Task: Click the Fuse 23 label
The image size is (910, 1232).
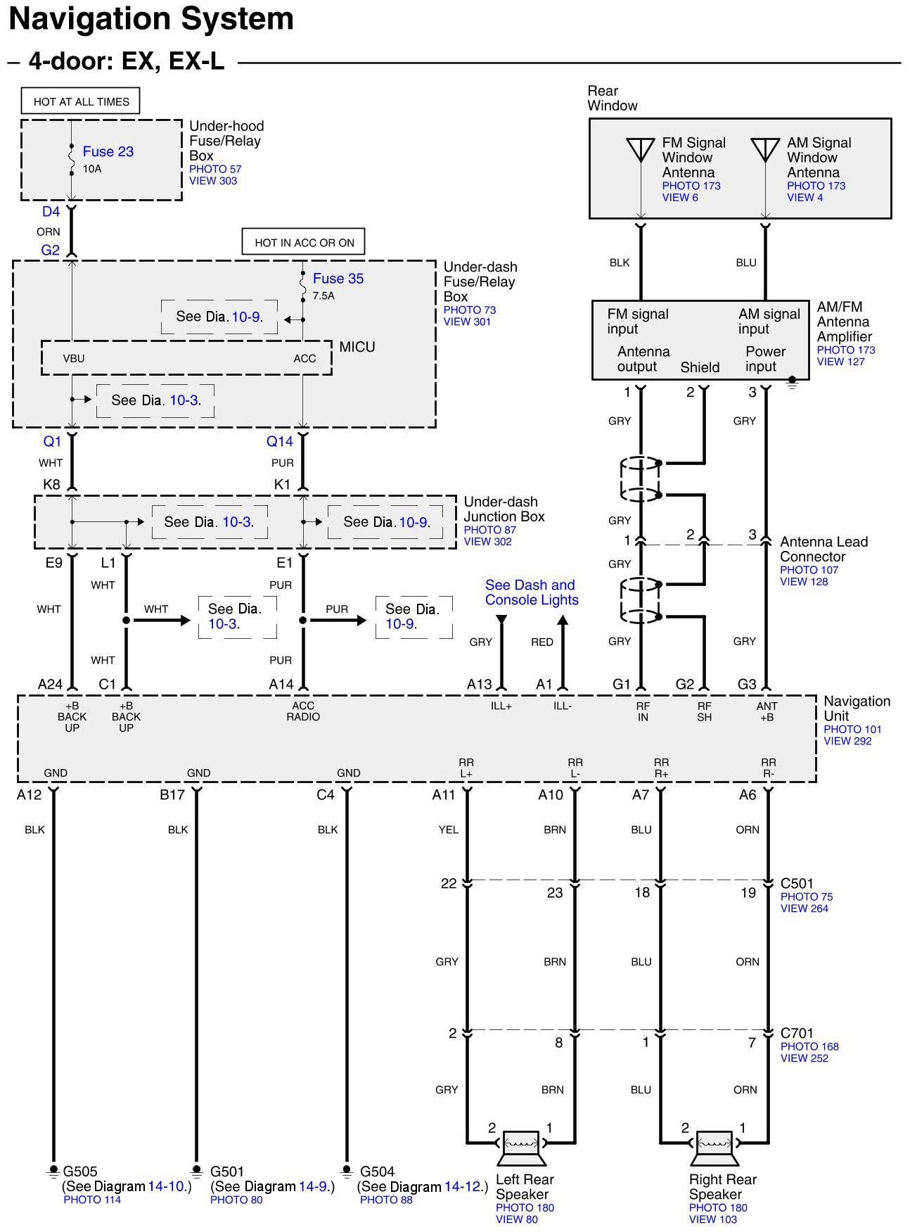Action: pyautogui.click(x=108, y=151)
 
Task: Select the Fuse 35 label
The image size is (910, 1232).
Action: pyautogui.click(x=338, y=279)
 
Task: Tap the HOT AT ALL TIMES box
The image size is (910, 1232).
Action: pyautogui.click(x=81, y=101)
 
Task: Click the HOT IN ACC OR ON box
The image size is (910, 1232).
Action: pyautogui.click(x=304, y=243)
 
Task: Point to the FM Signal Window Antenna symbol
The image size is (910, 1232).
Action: pyautogui.click(x=640, y=150)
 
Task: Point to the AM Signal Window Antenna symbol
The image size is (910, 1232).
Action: pyautogui.click(x=765, y=150)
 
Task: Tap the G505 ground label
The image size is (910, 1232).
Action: pyautogui.click(x=80, y=1171)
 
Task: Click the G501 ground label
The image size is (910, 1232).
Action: pyautogui.click(x=227, y=1171)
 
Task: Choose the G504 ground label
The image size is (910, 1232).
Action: pyautogui.click(x=378, y=1171)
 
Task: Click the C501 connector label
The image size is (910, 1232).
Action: pyautogui.click(x=797, y=883)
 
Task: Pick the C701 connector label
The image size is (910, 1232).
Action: pyautogui.click(x=797, y=1033)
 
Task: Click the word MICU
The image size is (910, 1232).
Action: pyautogui.click(x=357, y=347)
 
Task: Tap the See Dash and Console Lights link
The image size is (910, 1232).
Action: pyautogui.click(x=531, y=592)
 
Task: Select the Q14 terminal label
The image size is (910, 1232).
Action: pyautogui.click(x=279, y=441)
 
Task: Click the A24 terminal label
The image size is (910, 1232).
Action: pyautogui.click(x=50, y=684)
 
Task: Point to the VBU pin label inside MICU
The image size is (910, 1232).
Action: pyautogui.click(x=74, y=358)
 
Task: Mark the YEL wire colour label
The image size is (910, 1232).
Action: pyautogui.click(x=448, y=830)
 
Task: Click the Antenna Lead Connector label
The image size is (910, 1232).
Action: pyautogui.click(x=824, y=549)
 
